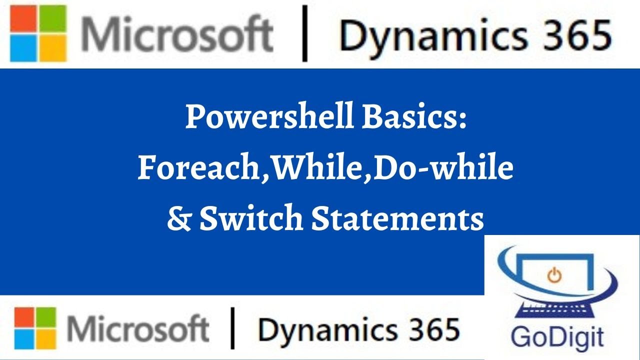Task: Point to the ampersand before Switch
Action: pos(178,219)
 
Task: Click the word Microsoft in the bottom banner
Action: pos(138,328)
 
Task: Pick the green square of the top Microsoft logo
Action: pos(53,19)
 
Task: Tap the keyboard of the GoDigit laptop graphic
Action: pos(556,306)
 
